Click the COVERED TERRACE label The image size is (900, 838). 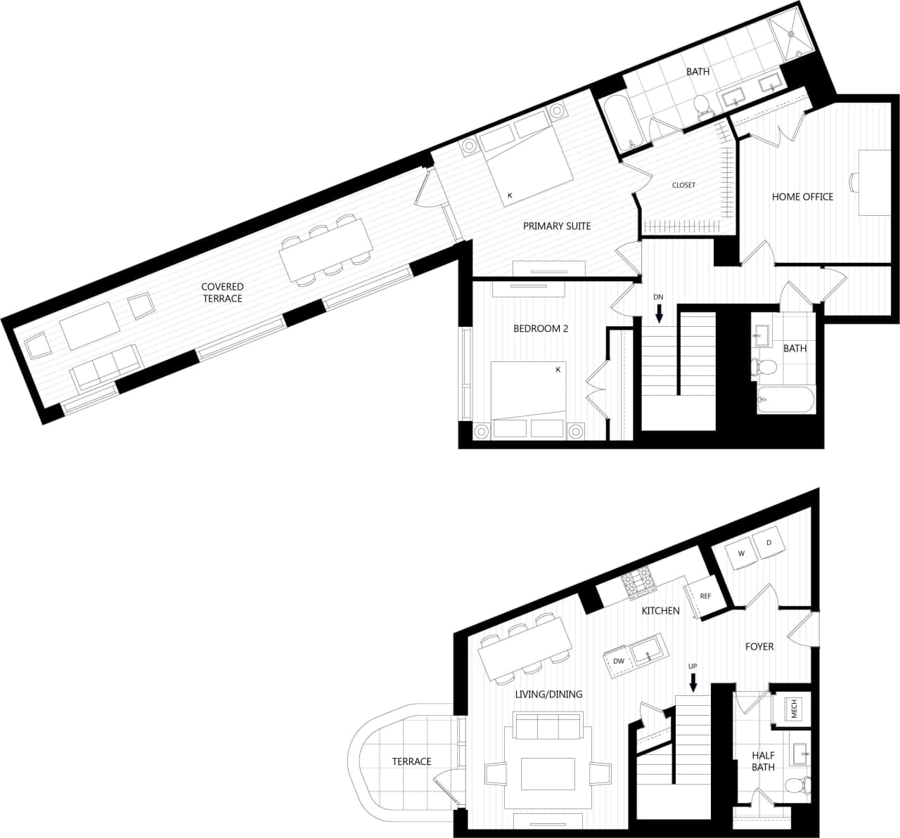[x=222, y=292]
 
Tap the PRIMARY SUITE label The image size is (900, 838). [x=557, y=226]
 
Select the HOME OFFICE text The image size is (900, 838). [x=802, y=197]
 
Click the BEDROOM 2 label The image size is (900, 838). [x=540, y=328]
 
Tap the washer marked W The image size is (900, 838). [x=741, y=553]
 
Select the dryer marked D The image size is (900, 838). [x=769, y=543]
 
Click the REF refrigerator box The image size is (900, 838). [x=705, y=596]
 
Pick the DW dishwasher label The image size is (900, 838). [x=619, y=661]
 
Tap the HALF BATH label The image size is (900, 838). [x=763, y=761]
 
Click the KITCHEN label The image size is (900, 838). [x=660, y=611]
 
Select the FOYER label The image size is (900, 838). [x=759, y=647]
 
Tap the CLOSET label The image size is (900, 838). [x=683, y=185]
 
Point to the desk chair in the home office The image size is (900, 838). [x=854, y=182]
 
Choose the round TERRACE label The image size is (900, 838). [x=411, y=761]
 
